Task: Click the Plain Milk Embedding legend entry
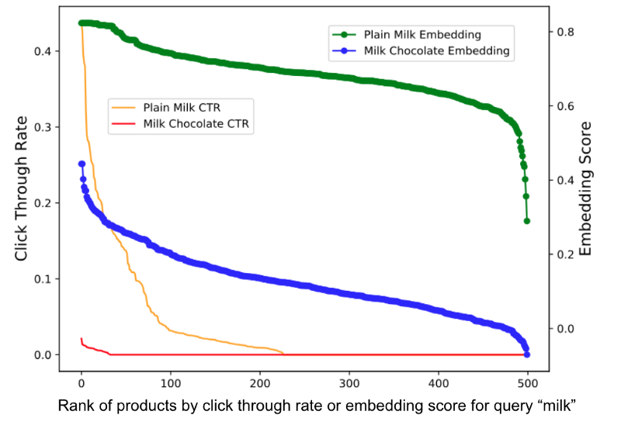[x=422, y=35]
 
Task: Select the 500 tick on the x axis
[x=528, y=383]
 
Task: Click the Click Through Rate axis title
[x=21, y=188]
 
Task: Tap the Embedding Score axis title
[x=587, y=188]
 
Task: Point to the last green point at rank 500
[x=527, y=221]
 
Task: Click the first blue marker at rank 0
[x=82, y=164]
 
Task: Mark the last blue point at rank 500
[x=527, y=354]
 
